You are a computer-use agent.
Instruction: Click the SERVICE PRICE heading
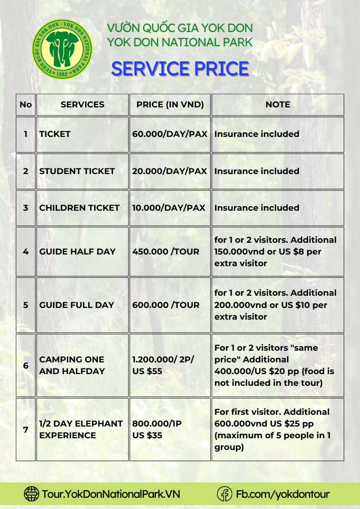point(180,68)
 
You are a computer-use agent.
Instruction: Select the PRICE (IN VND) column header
point(170,104)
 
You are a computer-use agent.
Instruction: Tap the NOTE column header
point(278,104)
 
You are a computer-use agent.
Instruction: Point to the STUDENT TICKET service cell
point(77,171)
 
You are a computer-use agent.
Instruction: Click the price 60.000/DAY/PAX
point(170,134)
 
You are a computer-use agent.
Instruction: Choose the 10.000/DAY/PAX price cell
point(169,208)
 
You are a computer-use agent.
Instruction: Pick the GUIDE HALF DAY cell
point(77,251)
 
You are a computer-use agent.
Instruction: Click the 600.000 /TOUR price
point(166,305)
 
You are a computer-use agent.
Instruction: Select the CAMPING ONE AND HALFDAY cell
point(72,365)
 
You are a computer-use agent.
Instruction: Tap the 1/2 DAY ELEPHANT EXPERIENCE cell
point(81,429)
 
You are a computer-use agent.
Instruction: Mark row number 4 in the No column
point(25,251)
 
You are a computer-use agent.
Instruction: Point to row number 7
point(25,429)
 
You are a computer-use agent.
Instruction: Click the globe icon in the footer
point(32,494)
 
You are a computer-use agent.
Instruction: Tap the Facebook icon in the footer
point(225,494)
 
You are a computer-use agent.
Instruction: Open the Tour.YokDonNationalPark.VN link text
point(111,494)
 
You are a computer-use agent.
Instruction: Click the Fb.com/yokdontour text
point(283,494)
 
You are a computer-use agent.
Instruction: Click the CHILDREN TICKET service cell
point(79,208)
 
